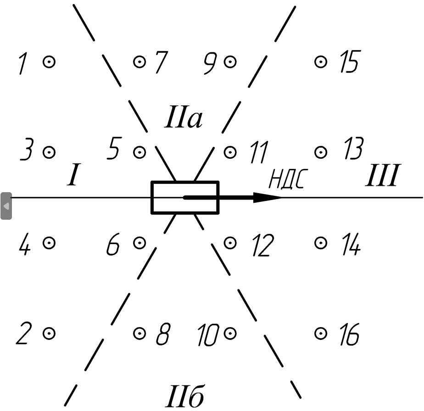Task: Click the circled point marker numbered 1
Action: click(49, 62)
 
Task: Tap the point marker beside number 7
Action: click(140, 62)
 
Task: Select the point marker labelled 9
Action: click(230, 62)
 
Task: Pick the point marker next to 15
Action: click(321, 62)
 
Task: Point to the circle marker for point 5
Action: click(140, 152)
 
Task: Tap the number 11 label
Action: click(259, 152)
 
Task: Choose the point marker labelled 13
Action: click(321, 152)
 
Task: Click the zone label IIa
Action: click(184, 117)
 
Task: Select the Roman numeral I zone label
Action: click(73, 175)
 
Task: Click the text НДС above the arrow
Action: click(288, 179)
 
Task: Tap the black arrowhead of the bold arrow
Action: click(268, 198)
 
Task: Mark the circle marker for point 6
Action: click(140, 243)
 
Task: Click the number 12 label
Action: click(263, 245)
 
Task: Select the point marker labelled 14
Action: click(321, 243)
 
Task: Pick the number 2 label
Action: click(24, 333)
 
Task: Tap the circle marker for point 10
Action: click(230, 333)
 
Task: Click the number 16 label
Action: click(349, 334)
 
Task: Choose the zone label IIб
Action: click(184, 396)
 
